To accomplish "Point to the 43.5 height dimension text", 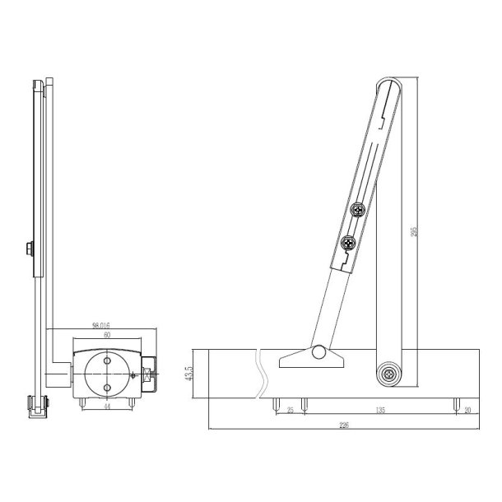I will pyautogui.click(x=188, y=374).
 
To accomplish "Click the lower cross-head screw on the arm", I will pyautogui.click(x=347, y=243).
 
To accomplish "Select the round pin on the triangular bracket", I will pyautogui.click(x=318, y=353).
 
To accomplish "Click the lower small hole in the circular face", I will pyautogui.click(x=106, y=388).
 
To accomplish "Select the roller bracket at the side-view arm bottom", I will pyautogui.click(x=38, y=405).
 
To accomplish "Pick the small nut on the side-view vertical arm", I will pyautogui.click(x=29, y=249).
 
